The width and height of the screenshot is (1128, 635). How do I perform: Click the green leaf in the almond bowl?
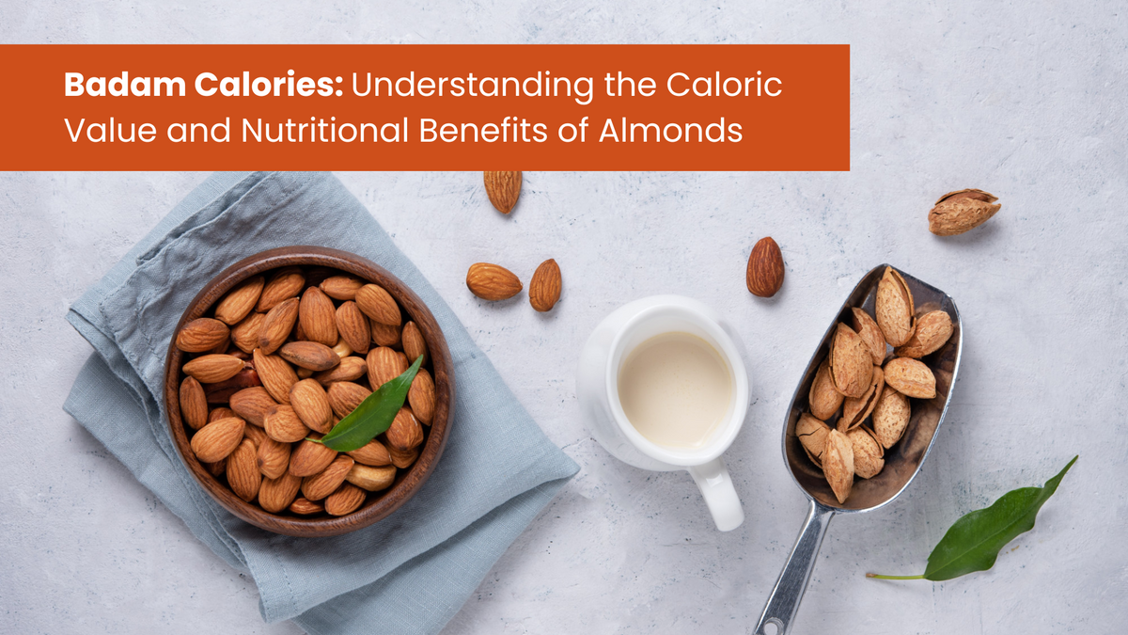[x=372, y=413]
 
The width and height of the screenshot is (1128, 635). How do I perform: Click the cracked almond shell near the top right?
[x=963, y=211]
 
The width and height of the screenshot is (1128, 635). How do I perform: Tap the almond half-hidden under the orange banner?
[x=503, y=189]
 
